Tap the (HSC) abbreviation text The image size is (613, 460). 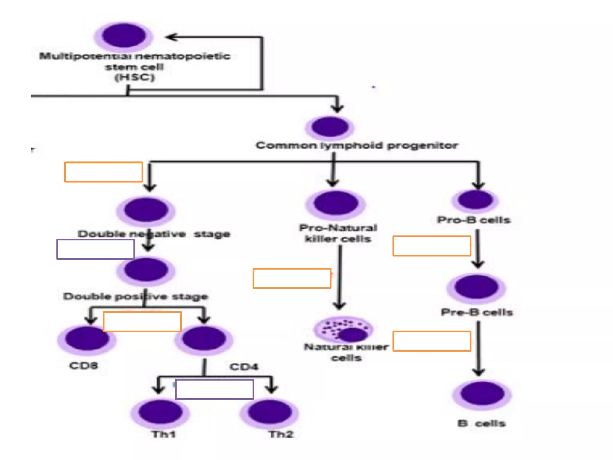point(135,77)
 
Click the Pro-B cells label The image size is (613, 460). point(474,220)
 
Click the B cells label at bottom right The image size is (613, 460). point(481,423)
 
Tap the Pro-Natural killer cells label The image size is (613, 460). point(338,233)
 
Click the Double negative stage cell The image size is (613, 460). point(146,210)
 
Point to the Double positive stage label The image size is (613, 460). point(136,296)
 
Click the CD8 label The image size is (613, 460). point(84,365)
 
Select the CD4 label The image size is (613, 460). point(244,367)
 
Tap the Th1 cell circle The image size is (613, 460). point(160,412)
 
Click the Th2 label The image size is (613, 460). point(281,434)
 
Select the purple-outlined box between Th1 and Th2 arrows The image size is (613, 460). point(215,389)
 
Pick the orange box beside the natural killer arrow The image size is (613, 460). point(292,278)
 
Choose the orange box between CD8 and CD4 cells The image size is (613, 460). point(142,322)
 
